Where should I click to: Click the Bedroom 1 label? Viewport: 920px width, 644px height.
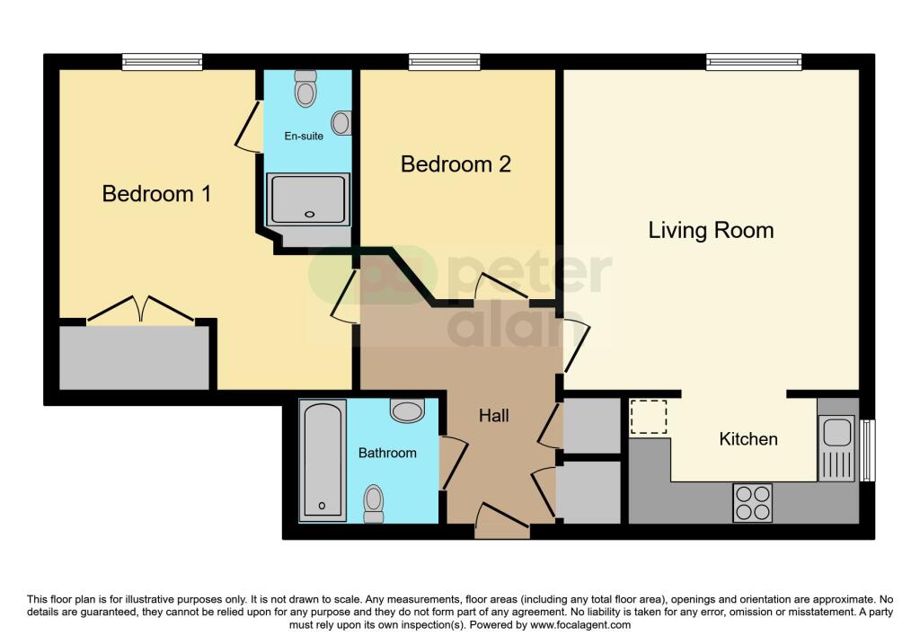[x=156, y=193]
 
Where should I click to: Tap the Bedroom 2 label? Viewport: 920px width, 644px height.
[x=456, y=164]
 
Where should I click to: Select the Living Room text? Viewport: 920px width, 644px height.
[x=711, y=230]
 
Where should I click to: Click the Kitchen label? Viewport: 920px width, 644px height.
[x=748, y=439]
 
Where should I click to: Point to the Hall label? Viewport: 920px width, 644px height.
[x=494, y=416]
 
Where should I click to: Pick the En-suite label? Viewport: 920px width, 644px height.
[x=304, y=136]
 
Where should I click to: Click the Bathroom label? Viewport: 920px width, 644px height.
[x=387, y=453]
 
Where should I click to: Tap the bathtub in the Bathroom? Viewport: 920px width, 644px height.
[x=322, y=460]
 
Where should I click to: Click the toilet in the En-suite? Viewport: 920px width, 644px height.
[x=306, y=88]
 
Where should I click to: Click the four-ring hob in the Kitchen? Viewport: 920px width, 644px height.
[x=753, y=502]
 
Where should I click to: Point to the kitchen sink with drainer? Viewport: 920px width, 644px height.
[x=836, y=448]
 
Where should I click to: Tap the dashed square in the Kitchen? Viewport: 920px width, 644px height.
[x=648, y=418]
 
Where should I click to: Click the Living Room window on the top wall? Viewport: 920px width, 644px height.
[x=753, y=61]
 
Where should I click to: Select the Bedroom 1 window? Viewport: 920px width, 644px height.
[x=163, y=61]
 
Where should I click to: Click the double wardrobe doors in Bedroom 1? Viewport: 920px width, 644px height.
[x=140, y=309]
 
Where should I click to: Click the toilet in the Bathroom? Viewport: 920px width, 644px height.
[x=373, y=503]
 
